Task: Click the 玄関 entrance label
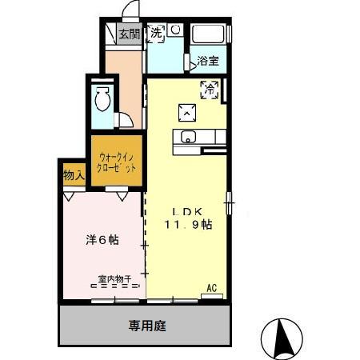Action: [129, 34]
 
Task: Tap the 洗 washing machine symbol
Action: [158, 33]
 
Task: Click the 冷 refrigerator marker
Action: [210, 88]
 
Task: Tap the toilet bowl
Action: [102, 101]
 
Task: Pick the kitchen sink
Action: [189, 135]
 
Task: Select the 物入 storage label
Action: [74, 175]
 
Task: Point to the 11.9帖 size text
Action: [189, 225]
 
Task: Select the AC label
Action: [212, 287]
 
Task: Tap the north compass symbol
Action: [282, 338]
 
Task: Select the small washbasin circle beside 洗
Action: [175, 30]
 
